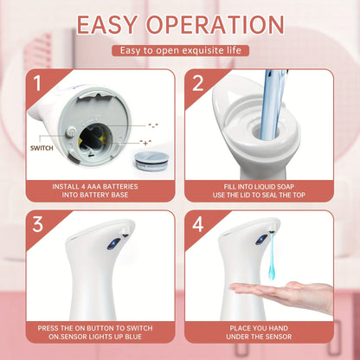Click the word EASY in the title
point(119,24)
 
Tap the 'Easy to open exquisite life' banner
point(179,51)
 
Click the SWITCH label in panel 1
point(41,147)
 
